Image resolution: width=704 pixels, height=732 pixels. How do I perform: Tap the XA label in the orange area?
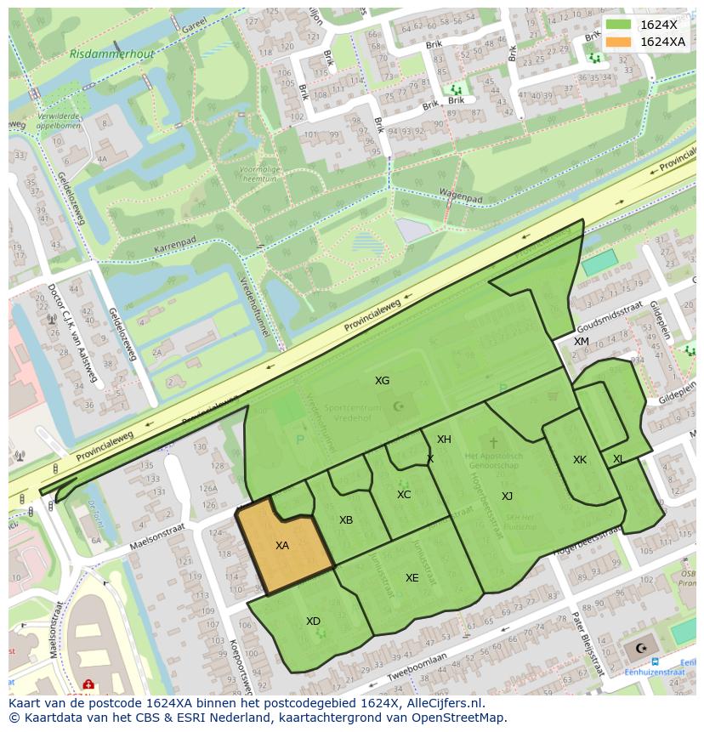(x=282, y=546)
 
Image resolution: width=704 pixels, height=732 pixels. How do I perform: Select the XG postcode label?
(x=383, y=381)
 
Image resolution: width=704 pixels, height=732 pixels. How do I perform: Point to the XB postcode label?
(x=346, y=520)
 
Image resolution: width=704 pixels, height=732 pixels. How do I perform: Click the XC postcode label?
(x=404, y=495)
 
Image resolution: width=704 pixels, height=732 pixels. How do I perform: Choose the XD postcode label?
(x=313, y=621)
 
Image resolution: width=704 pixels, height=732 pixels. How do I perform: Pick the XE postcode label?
(x=412, y=578)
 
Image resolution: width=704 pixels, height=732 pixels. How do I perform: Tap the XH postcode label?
(x=444, y=440)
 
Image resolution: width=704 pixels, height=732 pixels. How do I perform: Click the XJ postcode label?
(x=507, y=497)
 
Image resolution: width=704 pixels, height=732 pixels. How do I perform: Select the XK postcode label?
(x=580, y=460)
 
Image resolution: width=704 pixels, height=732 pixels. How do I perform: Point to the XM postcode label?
(x=581, y=342)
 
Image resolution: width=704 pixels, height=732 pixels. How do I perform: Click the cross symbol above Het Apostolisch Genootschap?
(x=493, y=443)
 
